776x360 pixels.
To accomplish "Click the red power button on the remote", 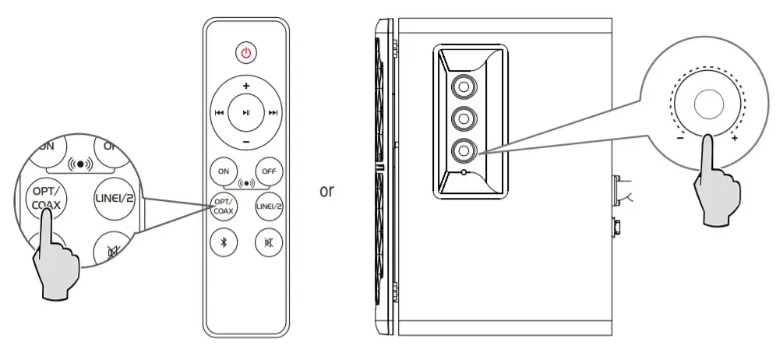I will pos(246,53).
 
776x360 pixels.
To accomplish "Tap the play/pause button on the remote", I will pos(246,112).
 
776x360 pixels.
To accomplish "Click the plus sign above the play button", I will pos(246,85).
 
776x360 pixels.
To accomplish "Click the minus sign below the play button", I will pos(246,142).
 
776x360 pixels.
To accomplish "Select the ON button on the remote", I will pos(224,171).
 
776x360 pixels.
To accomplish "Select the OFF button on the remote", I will pos(269,171).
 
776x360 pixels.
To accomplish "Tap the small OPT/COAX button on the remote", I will pos(224,206).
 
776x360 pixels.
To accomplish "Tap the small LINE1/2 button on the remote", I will pos(269,206).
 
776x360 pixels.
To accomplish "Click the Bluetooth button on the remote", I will pos(224,242).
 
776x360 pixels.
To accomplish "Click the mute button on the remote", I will pos(269,242).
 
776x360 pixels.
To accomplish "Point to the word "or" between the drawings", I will pos(326,191).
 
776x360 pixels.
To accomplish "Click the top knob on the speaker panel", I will pos(464,83).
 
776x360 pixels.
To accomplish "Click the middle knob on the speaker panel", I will pos(464,117).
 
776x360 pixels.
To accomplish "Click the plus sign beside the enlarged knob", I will pos(735,138).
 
